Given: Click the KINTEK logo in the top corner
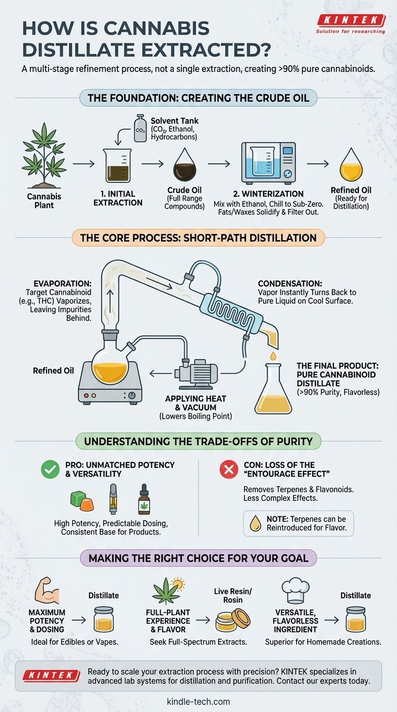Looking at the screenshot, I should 350,21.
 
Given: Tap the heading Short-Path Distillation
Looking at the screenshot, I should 198,238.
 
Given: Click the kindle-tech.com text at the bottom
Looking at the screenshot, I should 198,702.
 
